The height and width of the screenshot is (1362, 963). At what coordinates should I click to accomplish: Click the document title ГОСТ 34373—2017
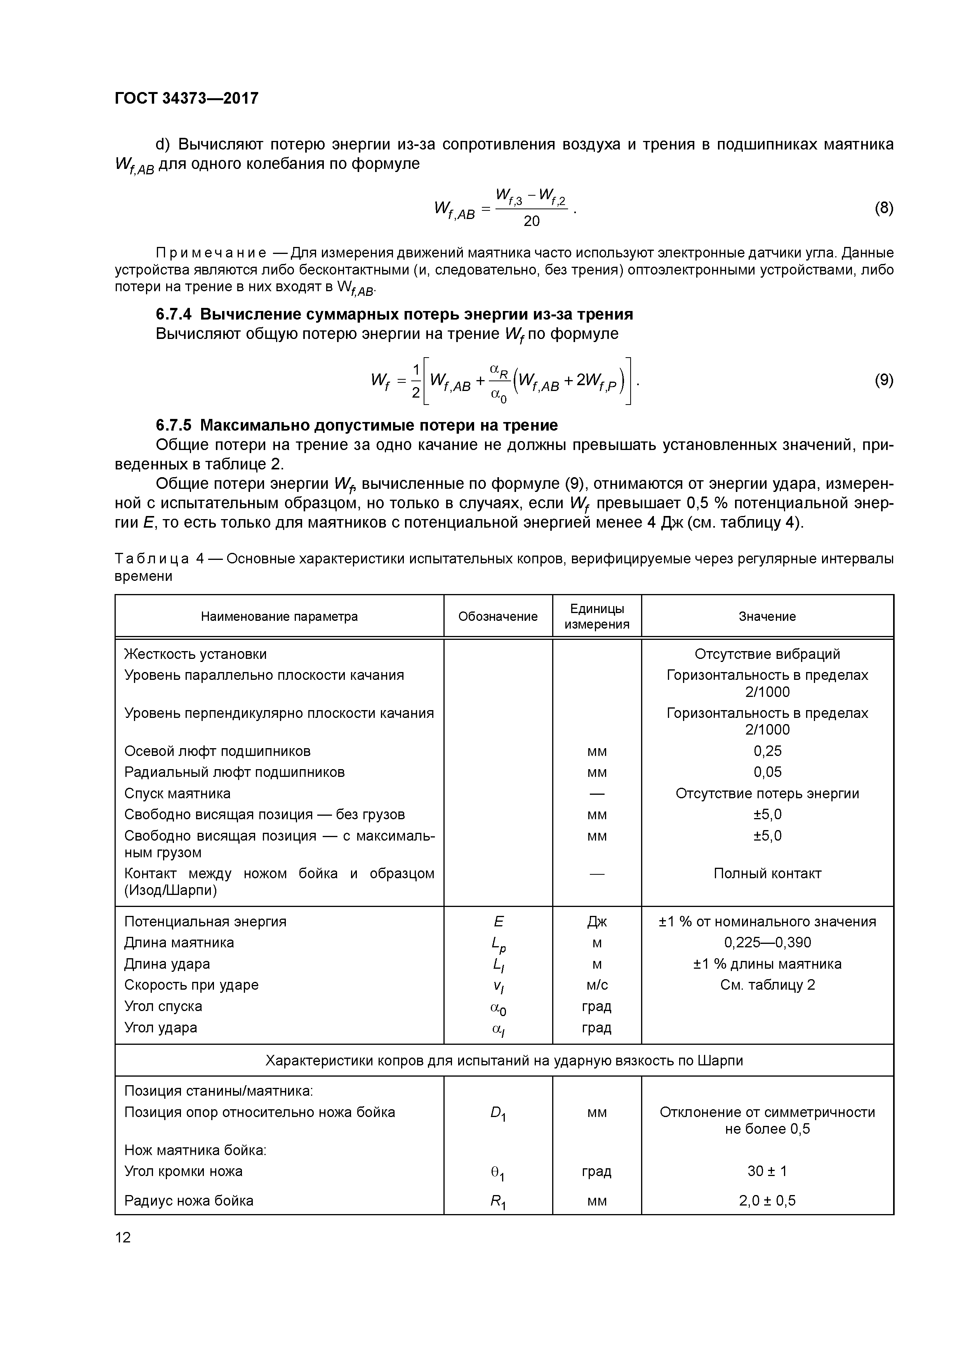186,98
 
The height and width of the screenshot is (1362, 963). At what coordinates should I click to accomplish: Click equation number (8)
883,208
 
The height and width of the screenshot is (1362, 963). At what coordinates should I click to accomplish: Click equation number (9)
883,380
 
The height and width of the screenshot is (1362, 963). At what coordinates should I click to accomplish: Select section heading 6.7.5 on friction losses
356,425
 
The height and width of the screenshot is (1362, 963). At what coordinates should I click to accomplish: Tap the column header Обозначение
498,616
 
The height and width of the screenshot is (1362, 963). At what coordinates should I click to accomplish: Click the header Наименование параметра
279,616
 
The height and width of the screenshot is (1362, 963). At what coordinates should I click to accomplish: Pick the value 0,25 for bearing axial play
767,751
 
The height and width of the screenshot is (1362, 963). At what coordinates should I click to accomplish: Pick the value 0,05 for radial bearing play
767,772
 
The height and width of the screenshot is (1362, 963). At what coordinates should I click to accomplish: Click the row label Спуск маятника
177,793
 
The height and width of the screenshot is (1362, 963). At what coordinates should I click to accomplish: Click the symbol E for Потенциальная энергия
498,921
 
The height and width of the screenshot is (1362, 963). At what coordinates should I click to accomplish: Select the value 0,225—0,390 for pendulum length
767,943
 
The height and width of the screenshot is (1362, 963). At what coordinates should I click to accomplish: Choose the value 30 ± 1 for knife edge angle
767,1171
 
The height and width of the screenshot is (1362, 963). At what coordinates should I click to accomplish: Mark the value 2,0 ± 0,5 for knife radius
767,1200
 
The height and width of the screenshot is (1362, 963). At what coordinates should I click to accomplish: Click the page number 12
123,1237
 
